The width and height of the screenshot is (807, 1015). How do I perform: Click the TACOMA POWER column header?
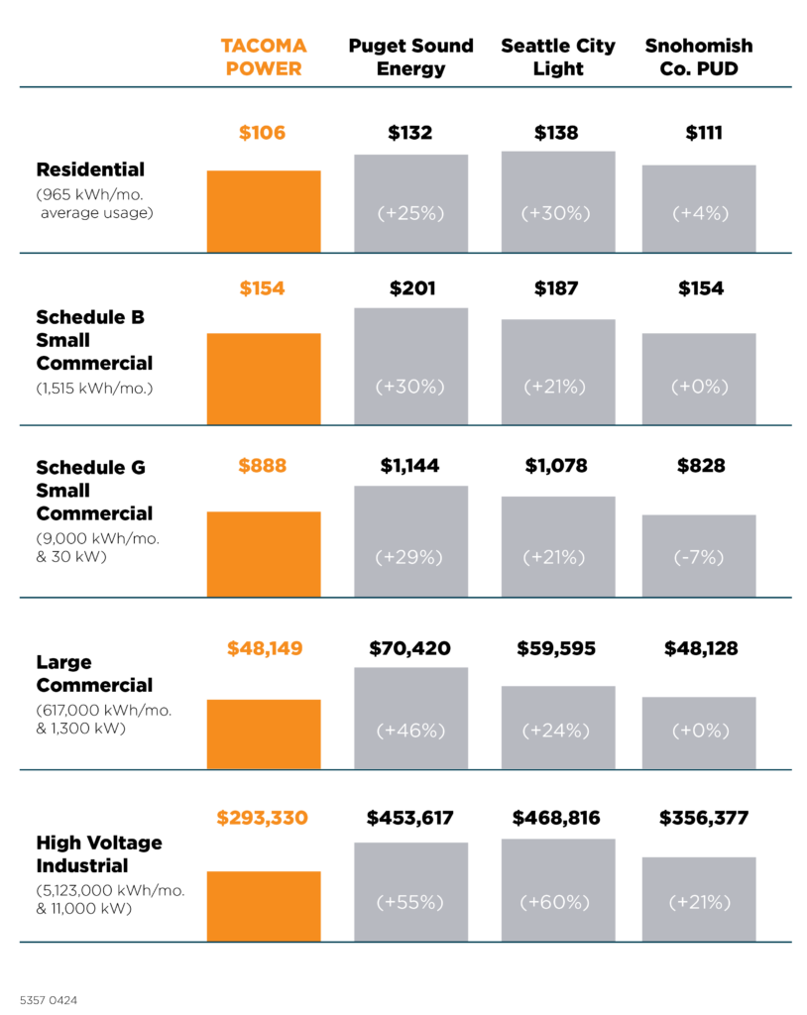coord(263,57)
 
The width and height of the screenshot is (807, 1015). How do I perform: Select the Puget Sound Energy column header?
coord(410,57)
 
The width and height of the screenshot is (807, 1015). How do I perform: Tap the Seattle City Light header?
coord(557,57)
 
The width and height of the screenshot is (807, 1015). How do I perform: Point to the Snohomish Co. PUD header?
coord(698,57)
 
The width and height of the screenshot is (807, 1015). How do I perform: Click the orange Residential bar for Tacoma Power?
coord(264,211)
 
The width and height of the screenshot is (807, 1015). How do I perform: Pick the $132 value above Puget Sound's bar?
coord(410,133)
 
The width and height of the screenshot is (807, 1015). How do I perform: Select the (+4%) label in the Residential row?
coord(698,213)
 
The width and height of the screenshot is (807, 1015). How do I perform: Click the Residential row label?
coord(90,169)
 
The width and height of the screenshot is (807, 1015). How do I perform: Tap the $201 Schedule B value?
coord(410,288)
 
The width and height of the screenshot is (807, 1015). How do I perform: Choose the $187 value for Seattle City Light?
coord(557,288)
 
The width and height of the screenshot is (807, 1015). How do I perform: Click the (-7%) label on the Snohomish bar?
coord(698,558)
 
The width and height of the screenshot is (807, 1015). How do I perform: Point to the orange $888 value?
coord(263,465)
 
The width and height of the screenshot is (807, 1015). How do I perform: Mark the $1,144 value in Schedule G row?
coord(410,465)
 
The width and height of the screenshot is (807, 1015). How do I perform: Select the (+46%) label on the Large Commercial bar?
coord(410,731)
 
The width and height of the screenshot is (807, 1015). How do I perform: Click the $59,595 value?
coord(557,648)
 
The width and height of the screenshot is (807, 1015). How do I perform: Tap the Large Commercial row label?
coord(94,673)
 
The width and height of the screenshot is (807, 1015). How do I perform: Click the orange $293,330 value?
coord(263,818)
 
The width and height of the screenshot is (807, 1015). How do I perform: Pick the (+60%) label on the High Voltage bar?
coord(557,903)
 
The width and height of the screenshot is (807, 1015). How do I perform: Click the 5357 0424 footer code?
coord(49,1000)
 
